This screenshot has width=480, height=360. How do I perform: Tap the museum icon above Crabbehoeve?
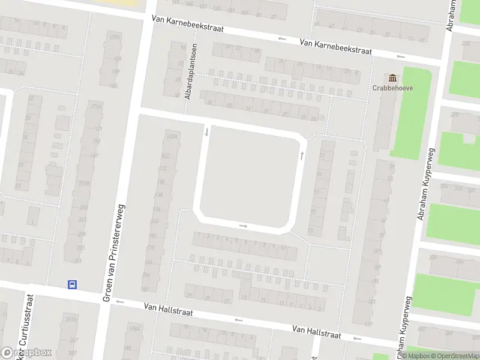coord(394,77)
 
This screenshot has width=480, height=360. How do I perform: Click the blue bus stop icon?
coord(72,285)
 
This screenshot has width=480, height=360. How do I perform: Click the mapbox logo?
coord(26,352)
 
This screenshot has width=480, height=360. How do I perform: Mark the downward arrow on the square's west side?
coord(206,131)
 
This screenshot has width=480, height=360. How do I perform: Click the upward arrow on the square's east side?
coord(301,155)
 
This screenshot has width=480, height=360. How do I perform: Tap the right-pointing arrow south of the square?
coord(243,226)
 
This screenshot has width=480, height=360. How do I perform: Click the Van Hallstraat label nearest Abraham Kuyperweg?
coord(316,331)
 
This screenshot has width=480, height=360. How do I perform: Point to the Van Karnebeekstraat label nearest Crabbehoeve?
coord(335,47)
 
